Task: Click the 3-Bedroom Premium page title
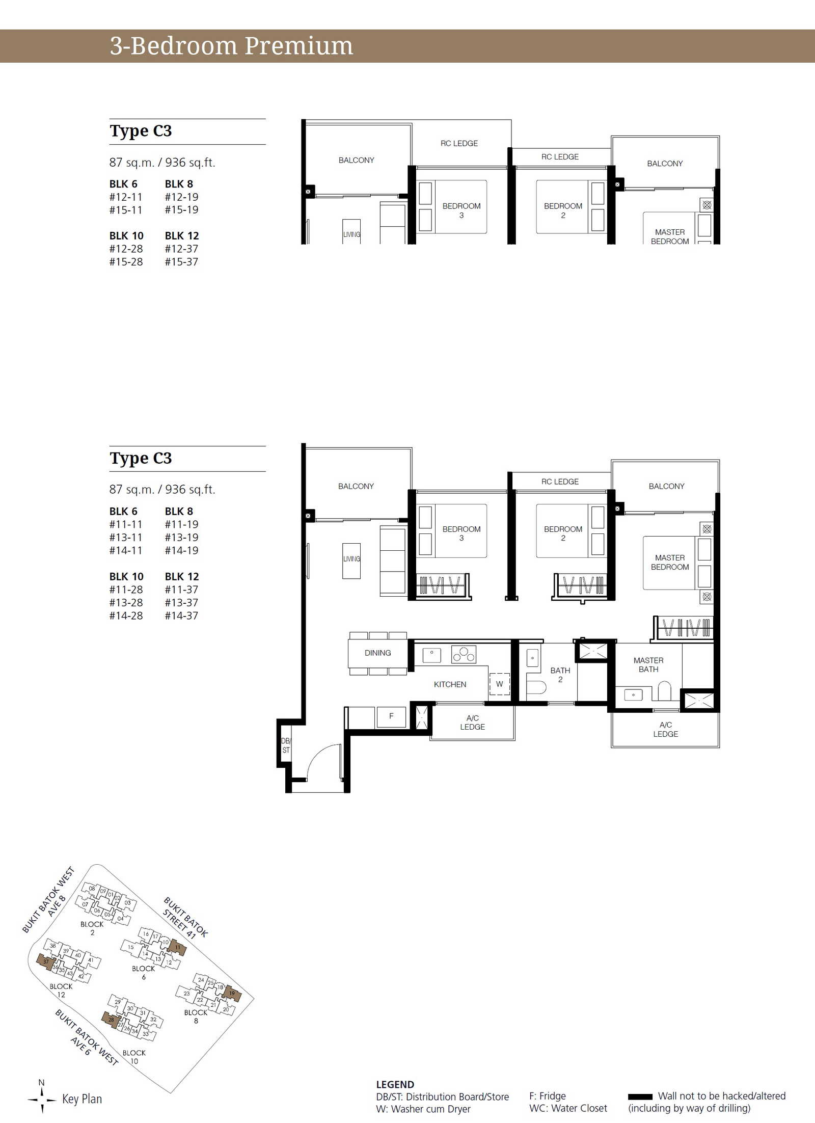(231, 46)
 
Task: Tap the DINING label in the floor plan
(377, 653)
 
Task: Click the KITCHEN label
(450, 684)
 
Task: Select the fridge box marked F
(391, 716)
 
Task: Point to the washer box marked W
(499, 684)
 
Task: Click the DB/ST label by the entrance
(286, 745)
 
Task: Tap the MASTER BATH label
(648, 664)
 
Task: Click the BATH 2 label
(560, 675)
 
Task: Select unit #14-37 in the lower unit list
(181, 616)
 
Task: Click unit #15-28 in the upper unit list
(126, 262)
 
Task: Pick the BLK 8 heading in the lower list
(179, 511)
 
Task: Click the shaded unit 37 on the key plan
(46, 962)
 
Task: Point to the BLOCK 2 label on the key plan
(92, 928)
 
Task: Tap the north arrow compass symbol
(42, 1100)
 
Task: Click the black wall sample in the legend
(640, 1097)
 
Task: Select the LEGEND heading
(395, 1084)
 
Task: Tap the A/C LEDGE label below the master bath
(665, 729)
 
